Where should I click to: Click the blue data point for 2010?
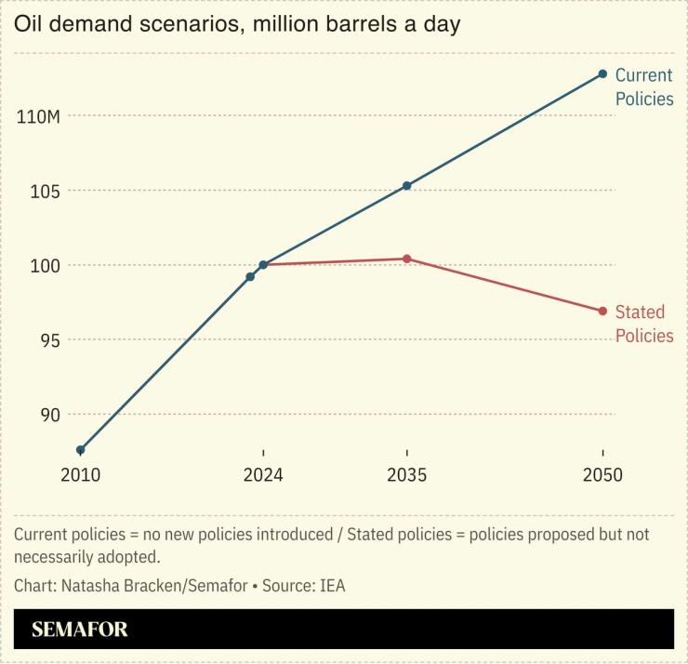(x=81, y=450)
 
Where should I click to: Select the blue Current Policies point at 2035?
(x=406, y=186)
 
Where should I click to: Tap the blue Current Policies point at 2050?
(x=602, y=73)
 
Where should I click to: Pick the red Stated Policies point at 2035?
(x=406, y=259)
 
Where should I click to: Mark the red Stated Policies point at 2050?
(x=602, y=311)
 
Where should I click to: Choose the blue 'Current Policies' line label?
(x=643, y=87)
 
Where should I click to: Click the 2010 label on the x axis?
(x=81, y=475)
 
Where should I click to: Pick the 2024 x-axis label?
(x=263, y=475)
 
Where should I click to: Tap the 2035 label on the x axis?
(x=406, y=475)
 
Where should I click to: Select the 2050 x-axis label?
(x=602, y=475)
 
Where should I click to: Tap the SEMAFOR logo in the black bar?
(x=80, y=630)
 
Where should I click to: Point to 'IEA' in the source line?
(x=332, y=586)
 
